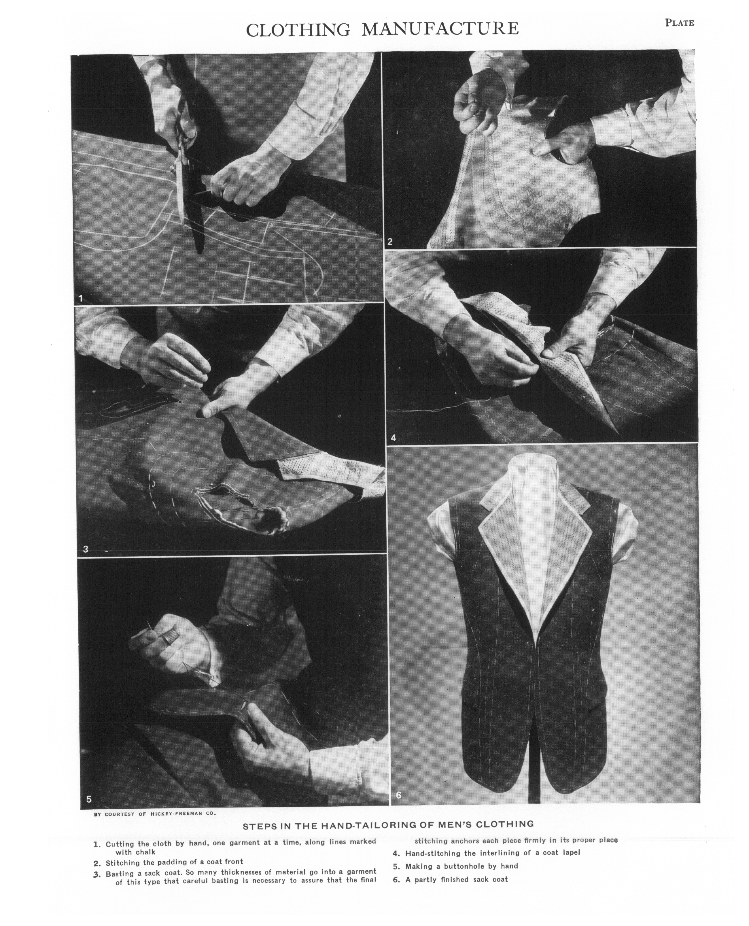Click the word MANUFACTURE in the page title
[440, 29]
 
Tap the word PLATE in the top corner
[680, 23]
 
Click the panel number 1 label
[81, 298]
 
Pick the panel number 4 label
[393, 438]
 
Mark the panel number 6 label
[399, 795]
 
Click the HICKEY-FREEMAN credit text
[182, 813]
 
